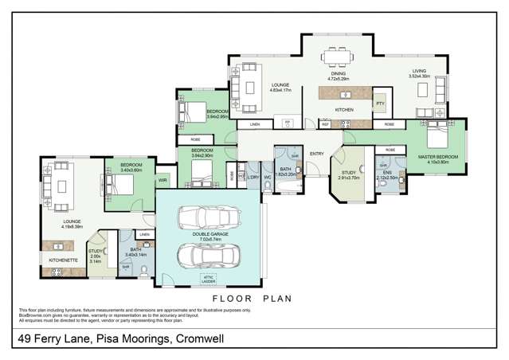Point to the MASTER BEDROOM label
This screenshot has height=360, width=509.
(x=438, y=157)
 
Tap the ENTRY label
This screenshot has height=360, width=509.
(x=317, y=154)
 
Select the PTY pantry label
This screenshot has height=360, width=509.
(x=380, y=103)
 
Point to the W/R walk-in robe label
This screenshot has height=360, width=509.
(x=162, y=182)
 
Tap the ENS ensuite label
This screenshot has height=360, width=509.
(x=388, y=172)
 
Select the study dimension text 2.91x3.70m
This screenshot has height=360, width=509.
(x=349, y=179)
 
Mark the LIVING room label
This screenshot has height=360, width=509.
(x=418, y=71)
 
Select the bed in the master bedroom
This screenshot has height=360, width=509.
(x=439, y=137)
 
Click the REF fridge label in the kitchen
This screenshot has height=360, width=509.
(x=325, y=125)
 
